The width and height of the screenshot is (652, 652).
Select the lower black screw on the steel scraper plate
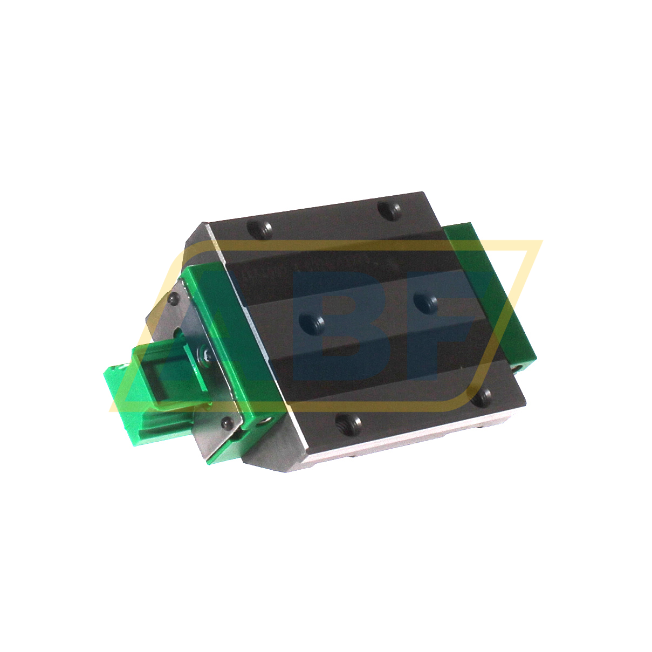pos(227,424)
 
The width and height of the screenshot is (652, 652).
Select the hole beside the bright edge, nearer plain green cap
pos(481,398)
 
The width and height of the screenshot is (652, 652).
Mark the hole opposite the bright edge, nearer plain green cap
pos(390,209)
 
